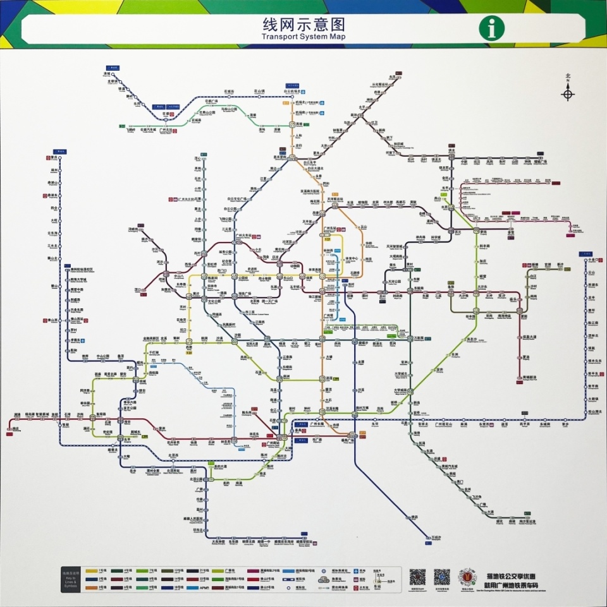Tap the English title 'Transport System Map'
[303, 37]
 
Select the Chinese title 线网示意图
[303, 25]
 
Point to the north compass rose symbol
[568, 94]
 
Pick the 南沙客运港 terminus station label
[529, 522]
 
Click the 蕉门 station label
[460, 482]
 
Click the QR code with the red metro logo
[467, 577]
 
